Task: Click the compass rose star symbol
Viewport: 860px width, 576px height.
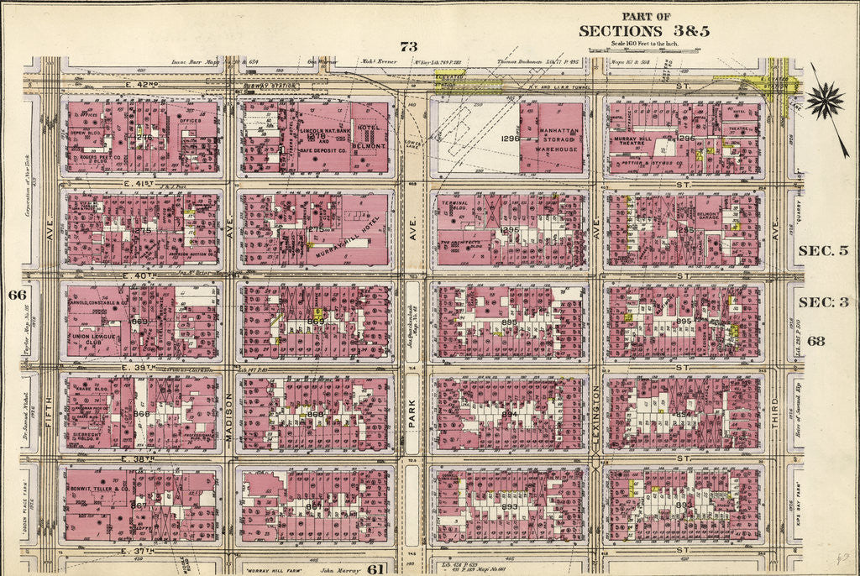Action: [x=826, y=101]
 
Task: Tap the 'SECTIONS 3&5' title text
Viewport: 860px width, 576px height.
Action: [x=644, y=31]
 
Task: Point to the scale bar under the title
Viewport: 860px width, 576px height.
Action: [x=642, y=50]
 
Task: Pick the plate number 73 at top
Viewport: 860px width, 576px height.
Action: [x=408, y=46]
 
